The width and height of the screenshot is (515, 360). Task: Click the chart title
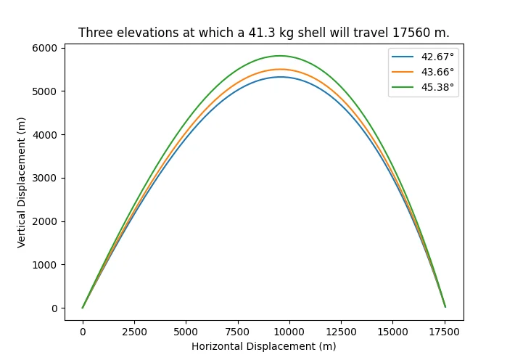(263, 33)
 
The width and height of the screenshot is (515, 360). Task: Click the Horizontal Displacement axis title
(263, 346)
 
